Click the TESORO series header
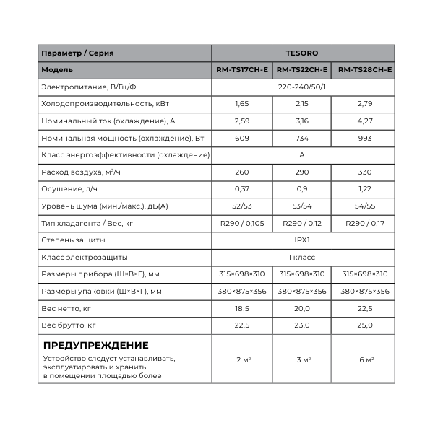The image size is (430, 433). (302, 53)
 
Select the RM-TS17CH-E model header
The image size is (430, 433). (242, 70)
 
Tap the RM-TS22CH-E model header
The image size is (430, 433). (302, 70)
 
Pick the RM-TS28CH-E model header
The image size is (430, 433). (365, 70)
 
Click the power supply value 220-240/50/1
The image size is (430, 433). (302, 87)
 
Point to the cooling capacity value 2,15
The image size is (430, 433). (302, 104)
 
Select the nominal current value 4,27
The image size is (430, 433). (365, 121)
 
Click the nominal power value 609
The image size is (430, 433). (242, 138)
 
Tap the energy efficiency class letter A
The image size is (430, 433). (302, 155)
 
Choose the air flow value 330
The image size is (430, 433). (365, 172)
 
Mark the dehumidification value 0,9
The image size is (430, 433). (302, 189)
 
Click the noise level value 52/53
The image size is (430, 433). (242, 206)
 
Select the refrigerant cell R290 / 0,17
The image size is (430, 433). (365, 223)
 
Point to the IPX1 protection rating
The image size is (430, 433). (302, 240)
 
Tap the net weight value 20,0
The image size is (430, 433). (302, 308)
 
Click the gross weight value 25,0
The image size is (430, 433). (365, 325)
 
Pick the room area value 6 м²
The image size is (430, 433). (365, 359)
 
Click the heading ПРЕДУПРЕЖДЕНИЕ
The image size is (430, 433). (95, 345)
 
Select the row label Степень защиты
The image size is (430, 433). (74, 240)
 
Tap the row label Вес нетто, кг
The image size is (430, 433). (66, 308)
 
